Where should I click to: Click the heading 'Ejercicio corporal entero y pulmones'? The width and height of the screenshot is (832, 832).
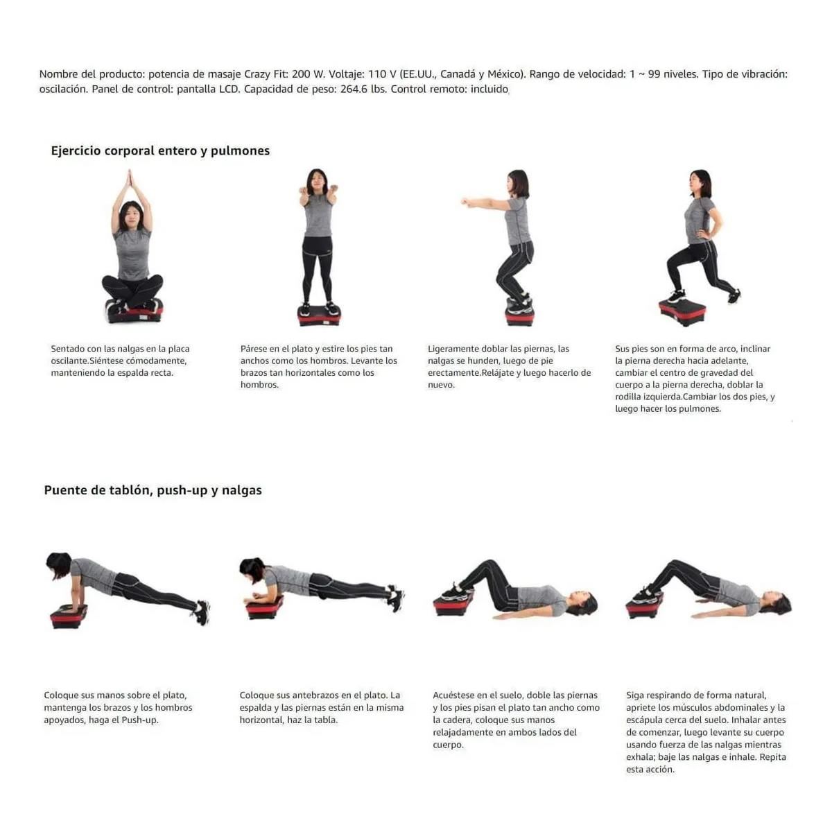[160, 150]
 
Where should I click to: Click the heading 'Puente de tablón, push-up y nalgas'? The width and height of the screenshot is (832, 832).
[153, 490]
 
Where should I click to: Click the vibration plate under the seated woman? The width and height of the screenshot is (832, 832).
[135, 313]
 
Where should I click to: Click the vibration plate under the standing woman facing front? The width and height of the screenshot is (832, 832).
[319, 316]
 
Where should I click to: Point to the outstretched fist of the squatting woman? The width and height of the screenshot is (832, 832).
[465, 201]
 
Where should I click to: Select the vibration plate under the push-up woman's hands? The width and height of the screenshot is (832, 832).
[69, 616]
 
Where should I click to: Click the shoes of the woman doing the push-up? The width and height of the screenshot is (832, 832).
[201, 612]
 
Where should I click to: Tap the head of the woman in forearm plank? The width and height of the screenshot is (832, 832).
[252, 569]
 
